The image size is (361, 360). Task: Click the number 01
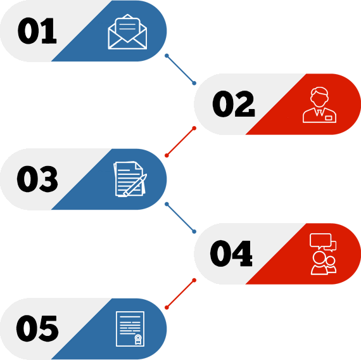pyautogui.click(x=37, y=30)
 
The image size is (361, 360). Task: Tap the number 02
pyautogui.click(x=234, y=104)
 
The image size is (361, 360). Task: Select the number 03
pyautogui.click(x=37, y=179)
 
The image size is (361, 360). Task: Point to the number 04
pyautogui.click(x=231, y=254)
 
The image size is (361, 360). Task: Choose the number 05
pyautogui.click(x=37, y=328)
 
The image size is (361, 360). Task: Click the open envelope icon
pyautogui.click(x=127, y=32)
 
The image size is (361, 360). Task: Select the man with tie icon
pyautogui.click(x=319, y=105)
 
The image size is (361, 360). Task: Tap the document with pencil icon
pyautogui.click(x=130, y=179)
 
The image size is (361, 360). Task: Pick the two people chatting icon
pyautogui.click(x=323, y=254)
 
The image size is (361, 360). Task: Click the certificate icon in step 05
pyautogui.click(x=130, y=329)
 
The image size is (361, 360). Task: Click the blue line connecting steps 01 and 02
pyautogui.click(x=180, y=69)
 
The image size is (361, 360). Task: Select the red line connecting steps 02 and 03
pyautogui.click(x=180, y=142)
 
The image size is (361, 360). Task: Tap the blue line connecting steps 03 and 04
pyautogui.click(x=180, y=218)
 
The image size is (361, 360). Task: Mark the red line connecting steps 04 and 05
pyautogui.click(x=180, y=294)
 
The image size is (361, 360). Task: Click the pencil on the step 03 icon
pyautogui.click(x=135, y=185)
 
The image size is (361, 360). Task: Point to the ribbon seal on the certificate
pyautogui.click(x=138, y=339)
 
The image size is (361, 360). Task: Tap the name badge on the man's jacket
pyautogui.click(x=329, y=118)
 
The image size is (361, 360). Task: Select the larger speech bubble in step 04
pyautogui.click(x=320, y=241)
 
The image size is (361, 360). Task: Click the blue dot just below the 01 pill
pyautogui.click(x=167, y=56)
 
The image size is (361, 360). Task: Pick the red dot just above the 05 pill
pyautogui.click(x=167, y=307)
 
